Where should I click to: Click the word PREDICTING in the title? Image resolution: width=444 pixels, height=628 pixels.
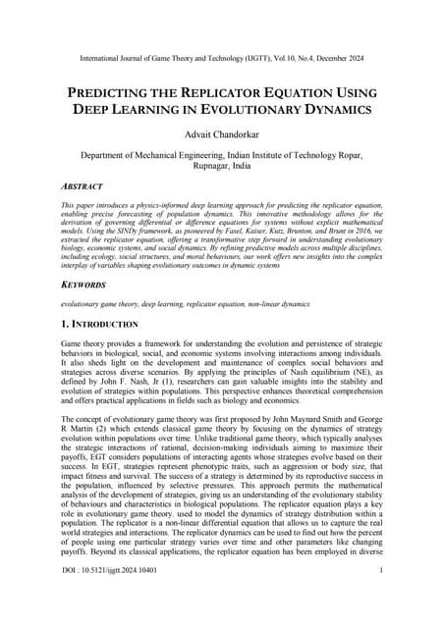click(115, 92)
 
